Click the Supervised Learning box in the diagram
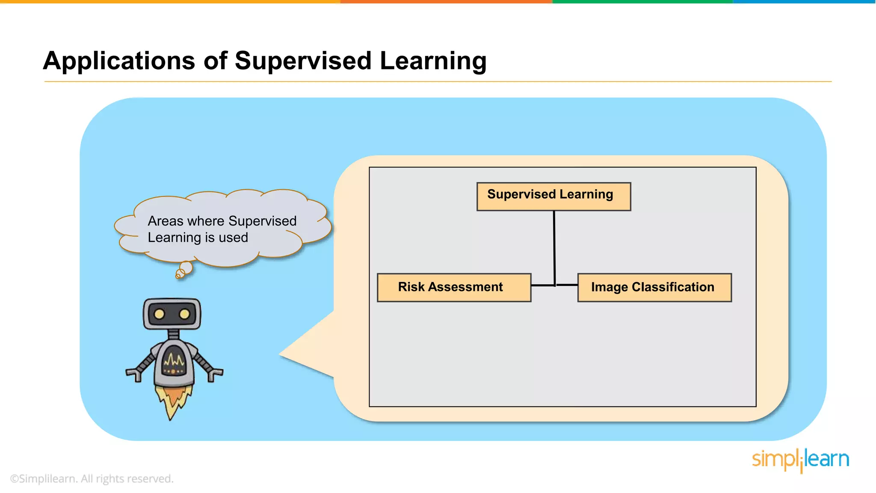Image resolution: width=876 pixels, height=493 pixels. (553, 196)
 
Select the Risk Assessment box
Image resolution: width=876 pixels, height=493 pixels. (454, 288)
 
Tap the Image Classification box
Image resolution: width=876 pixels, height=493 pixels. (654, 288)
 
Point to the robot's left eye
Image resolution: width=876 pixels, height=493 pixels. (159, 314)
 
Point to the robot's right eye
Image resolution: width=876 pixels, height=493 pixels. (184, 314)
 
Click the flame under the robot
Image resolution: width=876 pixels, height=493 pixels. (173, 400)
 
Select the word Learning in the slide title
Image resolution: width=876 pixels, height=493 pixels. (433, 61)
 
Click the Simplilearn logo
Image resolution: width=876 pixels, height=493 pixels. (800, 460)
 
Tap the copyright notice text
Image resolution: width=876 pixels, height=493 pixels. (92, 478)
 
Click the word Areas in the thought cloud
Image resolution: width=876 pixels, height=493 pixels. (165, 221)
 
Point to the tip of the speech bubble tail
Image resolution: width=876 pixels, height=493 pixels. (280, 354)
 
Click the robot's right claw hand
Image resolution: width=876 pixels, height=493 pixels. (215, 374)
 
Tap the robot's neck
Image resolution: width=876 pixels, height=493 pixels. (173, 334)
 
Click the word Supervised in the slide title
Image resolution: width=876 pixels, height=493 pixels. (303, 61)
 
